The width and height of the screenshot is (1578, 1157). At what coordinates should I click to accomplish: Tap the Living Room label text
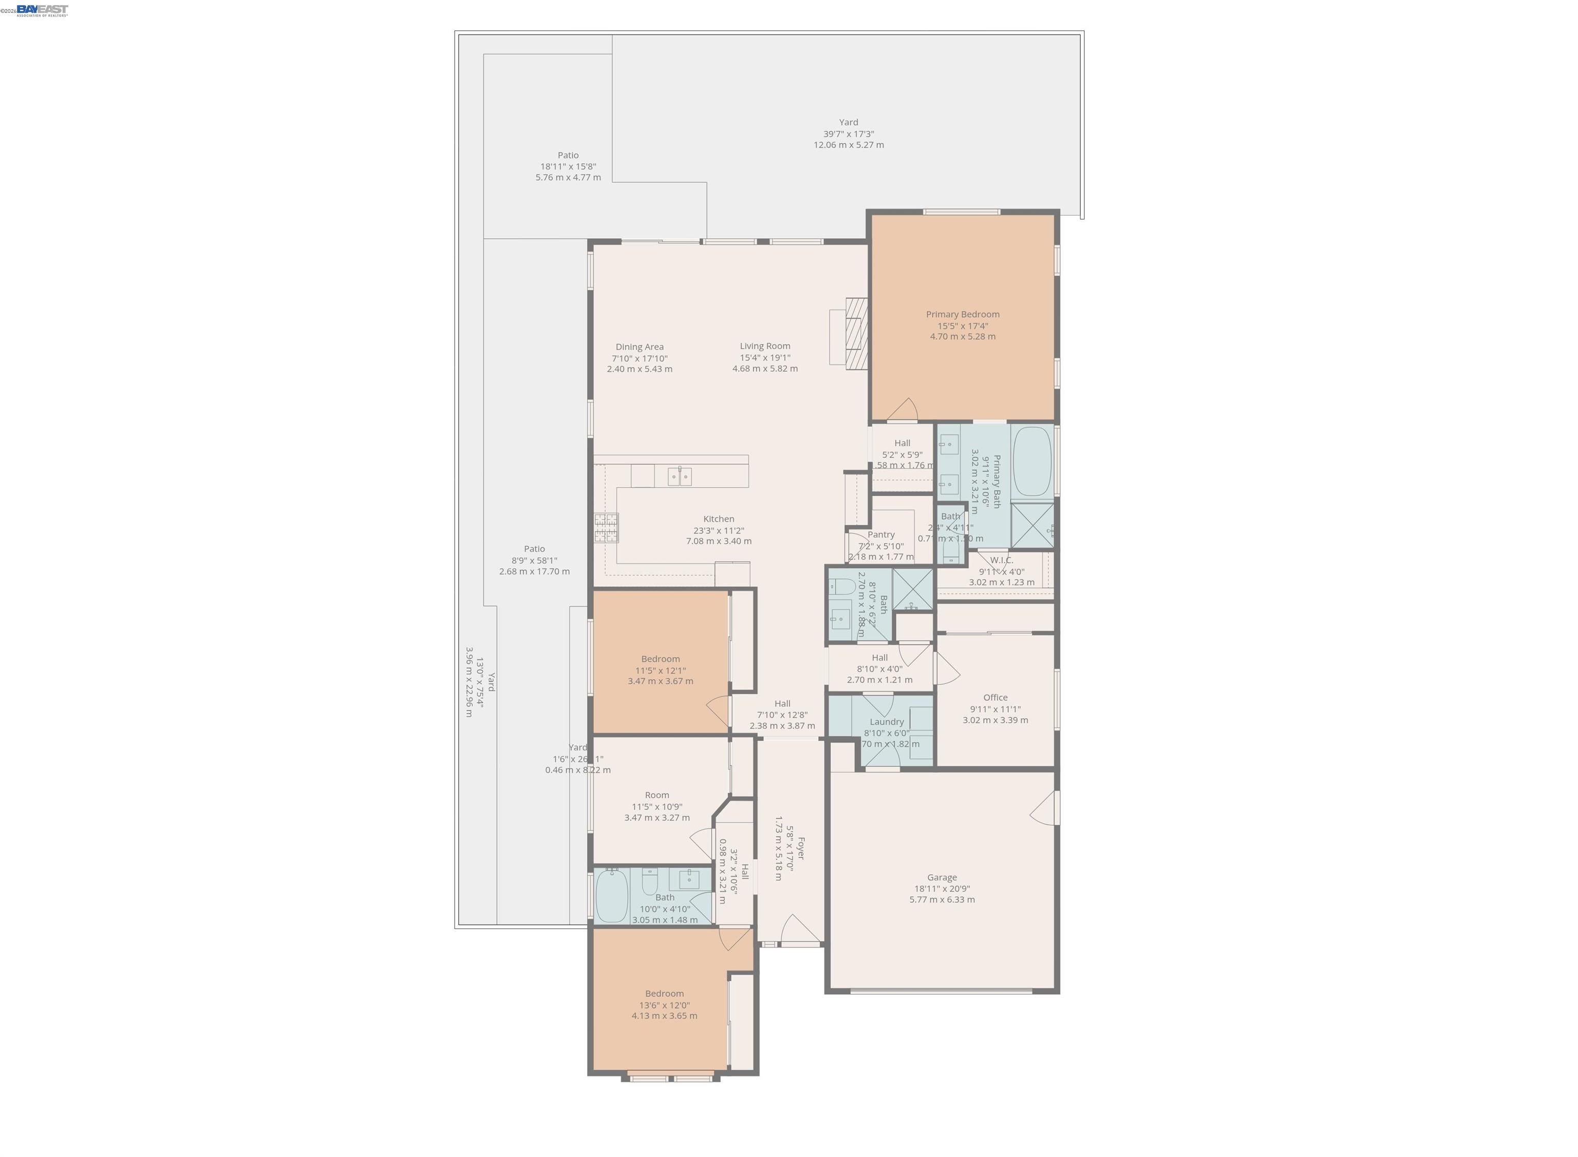pyautogui.click(x=764, y=346)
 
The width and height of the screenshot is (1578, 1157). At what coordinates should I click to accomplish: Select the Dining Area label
pyautogui.click(x=639, y=346)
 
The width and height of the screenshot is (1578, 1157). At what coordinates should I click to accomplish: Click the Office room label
pyautogui.click(x=995, y=698)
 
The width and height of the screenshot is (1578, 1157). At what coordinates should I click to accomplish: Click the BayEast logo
pyautogui.click(x=42, y=10)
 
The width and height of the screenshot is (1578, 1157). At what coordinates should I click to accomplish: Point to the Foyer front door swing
pyautogui.click(x=799, y=930)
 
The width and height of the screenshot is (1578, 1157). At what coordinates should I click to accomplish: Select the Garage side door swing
pyautogui.click(x=1045, y=809)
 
